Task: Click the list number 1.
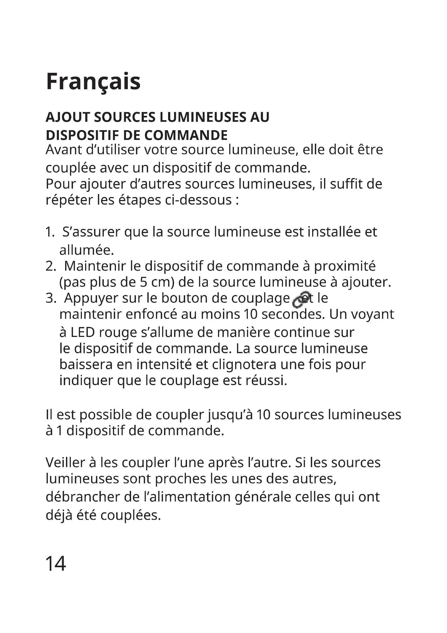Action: point(50,232)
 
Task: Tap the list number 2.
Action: point(51,266)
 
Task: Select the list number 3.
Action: point(51,298)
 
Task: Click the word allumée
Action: point(86,250)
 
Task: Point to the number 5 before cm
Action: point(144,282)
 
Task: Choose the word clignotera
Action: point(244,365)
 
